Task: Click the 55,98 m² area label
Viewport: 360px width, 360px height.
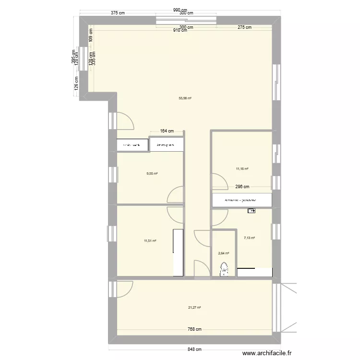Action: [x=185, y=98]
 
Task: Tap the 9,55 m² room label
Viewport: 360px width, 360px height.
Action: [x=152, y=174]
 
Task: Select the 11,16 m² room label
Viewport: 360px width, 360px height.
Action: [x=242, y=168]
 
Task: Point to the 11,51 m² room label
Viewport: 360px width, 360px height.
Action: [x=150, y=241]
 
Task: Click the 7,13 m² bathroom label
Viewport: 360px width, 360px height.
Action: [x=249, y=238]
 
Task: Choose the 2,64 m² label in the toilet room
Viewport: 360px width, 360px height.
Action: [x=223, y=253]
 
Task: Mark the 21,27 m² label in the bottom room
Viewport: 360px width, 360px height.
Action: [x=194, y=308]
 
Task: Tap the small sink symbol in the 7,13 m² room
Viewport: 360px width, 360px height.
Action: [x=252, y=210]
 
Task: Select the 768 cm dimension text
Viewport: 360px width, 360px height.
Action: [x=194, y=329]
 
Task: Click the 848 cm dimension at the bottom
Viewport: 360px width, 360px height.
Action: [x=194, y=349]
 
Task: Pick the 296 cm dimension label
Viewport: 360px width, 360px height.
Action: [x=242, y=187]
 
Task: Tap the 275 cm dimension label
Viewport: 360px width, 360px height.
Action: [x=244, y=27]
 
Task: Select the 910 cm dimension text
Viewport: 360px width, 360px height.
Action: [x=180, y=30]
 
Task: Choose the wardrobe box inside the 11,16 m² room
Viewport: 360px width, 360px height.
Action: [x=241, y=200]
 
